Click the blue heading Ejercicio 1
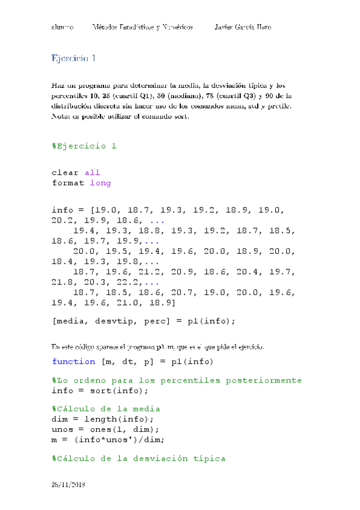[x=74, y=58]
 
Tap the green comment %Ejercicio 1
[x=84, y=146]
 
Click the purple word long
[x=100, y=183]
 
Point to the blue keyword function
[x=73, y=361]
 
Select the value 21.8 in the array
[x=63, y=282]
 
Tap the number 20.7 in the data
[x=182, y=292]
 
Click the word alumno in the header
[x=63, y=28]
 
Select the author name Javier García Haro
[x=243, y=28]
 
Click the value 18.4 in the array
[x=63, y=262]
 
